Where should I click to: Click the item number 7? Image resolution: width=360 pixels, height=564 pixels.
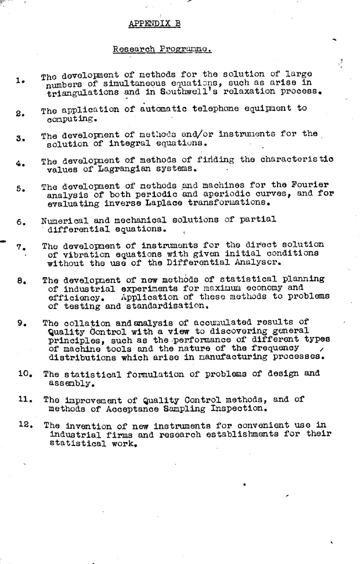tap(19, 245)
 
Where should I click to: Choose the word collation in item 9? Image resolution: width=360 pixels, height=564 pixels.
tap(88, 322)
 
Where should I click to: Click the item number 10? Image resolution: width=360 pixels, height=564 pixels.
tap(22, 374)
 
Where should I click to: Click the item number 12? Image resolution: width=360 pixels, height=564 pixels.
tap(22, 425)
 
